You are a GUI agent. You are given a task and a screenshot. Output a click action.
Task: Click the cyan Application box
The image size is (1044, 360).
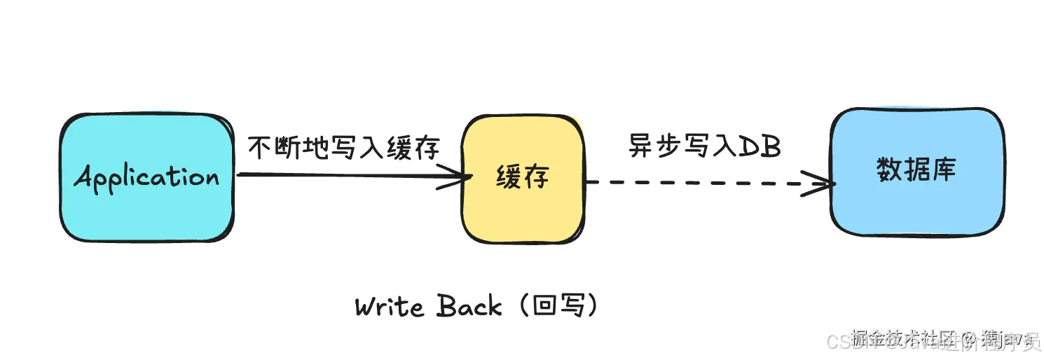click(146, 210)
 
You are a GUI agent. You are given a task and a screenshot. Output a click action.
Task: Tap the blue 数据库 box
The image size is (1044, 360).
click(916, 203)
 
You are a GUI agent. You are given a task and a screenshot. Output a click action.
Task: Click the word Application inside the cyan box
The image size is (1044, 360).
click(146, 177)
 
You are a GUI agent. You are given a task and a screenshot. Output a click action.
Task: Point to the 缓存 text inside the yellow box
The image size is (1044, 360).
click(522, 176)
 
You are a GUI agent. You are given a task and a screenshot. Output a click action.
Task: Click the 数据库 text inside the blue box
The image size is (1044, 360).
click(916, 169)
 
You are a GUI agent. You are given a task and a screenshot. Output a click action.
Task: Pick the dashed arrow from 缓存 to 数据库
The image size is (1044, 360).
click(701, 184)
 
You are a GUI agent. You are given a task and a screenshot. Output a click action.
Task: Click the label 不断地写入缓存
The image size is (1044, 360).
click(344, 148)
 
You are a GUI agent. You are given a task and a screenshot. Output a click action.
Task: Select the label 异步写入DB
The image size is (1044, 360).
click(704, 146)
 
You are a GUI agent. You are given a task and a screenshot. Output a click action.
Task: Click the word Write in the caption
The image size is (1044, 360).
click(389, 307)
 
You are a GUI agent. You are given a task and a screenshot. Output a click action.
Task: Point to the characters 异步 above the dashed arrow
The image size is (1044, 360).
click(652, 146)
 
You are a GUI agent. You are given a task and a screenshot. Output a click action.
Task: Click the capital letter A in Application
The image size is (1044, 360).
click(85, 177)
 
